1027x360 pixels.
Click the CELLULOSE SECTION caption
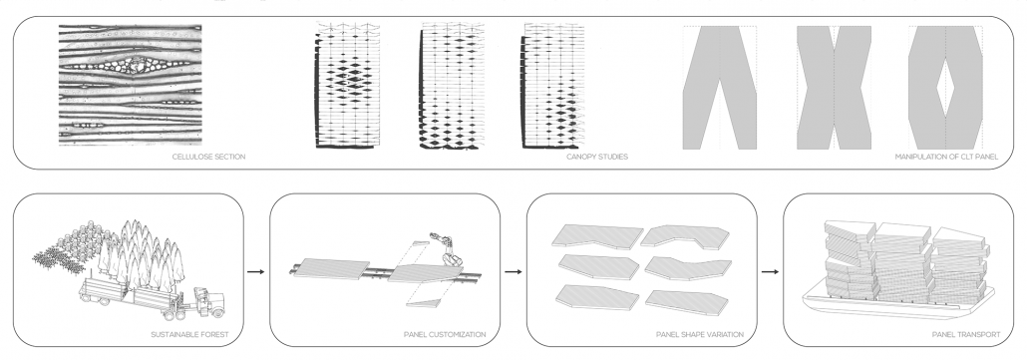point(209,158)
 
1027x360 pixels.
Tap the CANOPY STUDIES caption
point(596,158)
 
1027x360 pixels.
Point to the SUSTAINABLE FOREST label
point(189,334)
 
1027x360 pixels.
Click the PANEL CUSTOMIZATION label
point(445,334)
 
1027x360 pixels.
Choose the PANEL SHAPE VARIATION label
point(700,334)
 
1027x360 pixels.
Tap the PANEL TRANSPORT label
point(966,334)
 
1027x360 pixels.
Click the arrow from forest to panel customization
point(256,271)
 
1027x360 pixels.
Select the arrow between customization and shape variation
point(513,271)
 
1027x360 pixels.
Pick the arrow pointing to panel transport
point(770,271)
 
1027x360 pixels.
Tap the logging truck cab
point(209,302)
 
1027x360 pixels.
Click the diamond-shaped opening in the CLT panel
point(945,89)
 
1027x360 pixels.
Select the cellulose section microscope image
point(130,85)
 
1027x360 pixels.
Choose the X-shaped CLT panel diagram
point(834,88)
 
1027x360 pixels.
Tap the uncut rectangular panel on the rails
point(331,268)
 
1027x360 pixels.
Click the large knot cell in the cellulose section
point(139,66)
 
